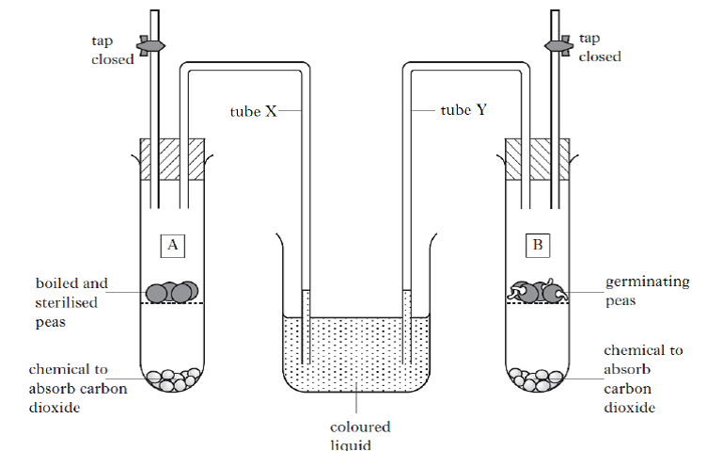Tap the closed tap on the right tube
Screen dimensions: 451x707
click(x=558, y=43)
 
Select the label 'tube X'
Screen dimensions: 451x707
click(x=253, y=111)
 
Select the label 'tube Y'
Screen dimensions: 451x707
click(x=464, y=110)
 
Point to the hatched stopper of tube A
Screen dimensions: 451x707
click(x=172, y=158)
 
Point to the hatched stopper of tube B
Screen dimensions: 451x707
click(x=538, y=158)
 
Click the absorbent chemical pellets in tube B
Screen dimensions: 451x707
click(x=537, y=379)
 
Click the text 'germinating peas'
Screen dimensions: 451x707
click(x=636, y=291)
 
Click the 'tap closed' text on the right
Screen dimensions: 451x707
click(x=599, y=47)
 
